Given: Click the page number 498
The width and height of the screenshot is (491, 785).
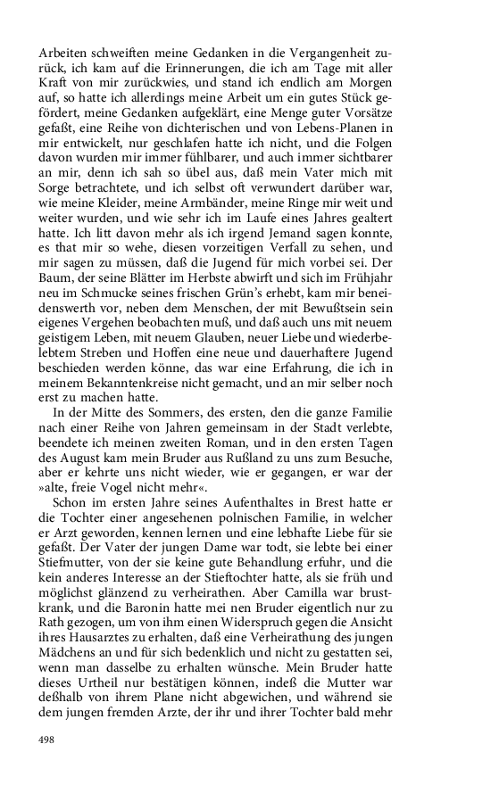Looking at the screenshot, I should [x=47, y=739].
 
